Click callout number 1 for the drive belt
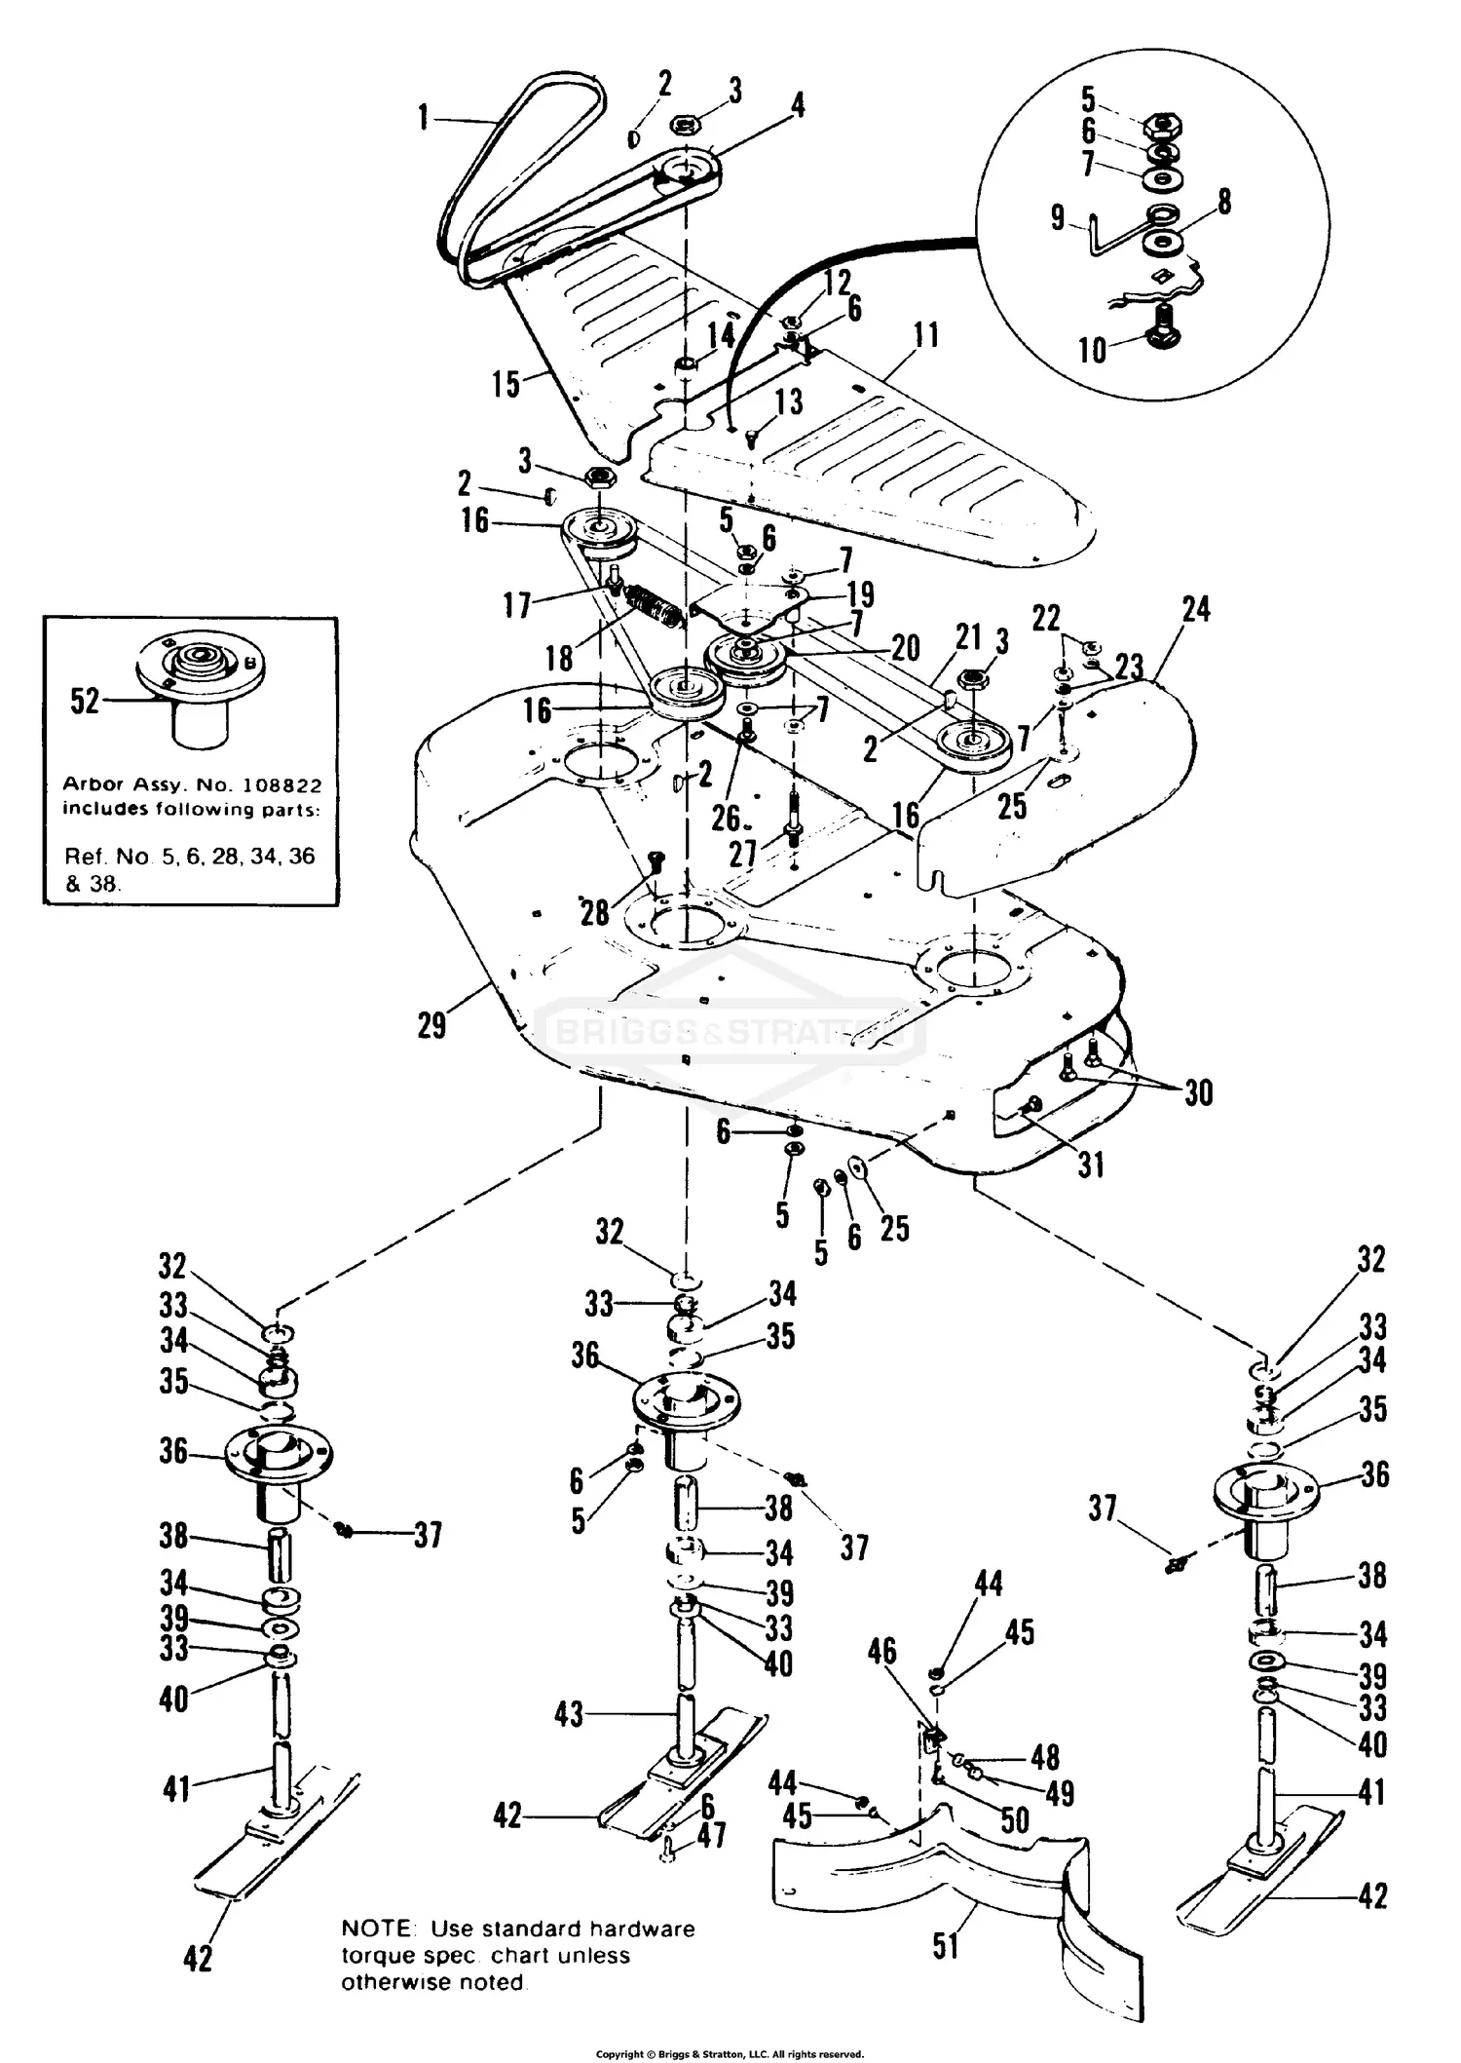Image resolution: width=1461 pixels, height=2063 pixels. tap(423, 119)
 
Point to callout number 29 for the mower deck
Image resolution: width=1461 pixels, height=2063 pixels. tap(431, 1025)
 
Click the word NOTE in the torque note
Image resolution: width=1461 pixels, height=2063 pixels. tap(371, 1929)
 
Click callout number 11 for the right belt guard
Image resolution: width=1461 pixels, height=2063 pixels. tap(925, 336)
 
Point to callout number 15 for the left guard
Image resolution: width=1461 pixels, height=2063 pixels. tap(506, 383)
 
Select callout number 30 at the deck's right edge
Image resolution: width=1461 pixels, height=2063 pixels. tap(1198, 1093)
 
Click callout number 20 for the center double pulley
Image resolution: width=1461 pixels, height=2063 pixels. tap(905, 648)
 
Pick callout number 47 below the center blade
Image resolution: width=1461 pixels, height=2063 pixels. tap(711, 1836)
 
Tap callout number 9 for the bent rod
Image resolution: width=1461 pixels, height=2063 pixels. tap(1058, 217)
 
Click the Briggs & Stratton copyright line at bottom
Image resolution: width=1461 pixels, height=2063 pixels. tap(730, 2053)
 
